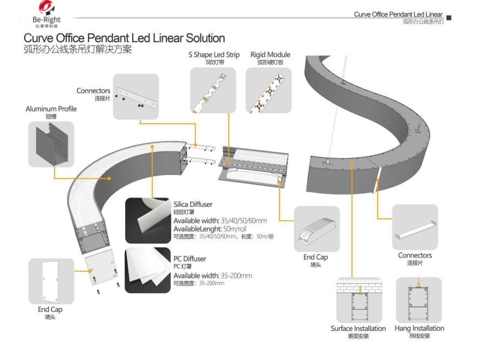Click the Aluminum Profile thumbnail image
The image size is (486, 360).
(x=51, y=144)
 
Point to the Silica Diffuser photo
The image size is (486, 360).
(x=148, y=221)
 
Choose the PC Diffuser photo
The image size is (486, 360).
(x=148, y=270)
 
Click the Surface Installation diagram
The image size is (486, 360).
(x=359, y=300)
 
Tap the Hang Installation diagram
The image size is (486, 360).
(x=418, y=300)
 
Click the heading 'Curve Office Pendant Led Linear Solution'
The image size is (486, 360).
(x=124, y=38)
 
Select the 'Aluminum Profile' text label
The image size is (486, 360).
(x=51, y=109)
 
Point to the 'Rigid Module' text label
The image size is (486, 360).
(x=270, y=55)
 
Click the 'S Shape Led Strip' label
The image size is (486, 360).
(x=214, y=55)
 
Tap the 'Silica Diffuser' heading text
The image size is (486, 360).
(x=193, y=205)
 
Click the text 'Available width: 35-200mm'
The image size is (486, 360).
(x=212, y=276)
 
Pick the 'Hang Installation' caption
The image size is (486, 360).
(x=419, y=328)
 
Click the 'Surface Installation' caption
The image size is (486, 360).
(x=358, y=328)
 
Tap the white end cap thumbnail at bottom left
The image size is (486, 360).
(x=51, y=281)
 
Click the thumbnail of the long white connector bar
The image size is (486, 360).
(x=415, y=227)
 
